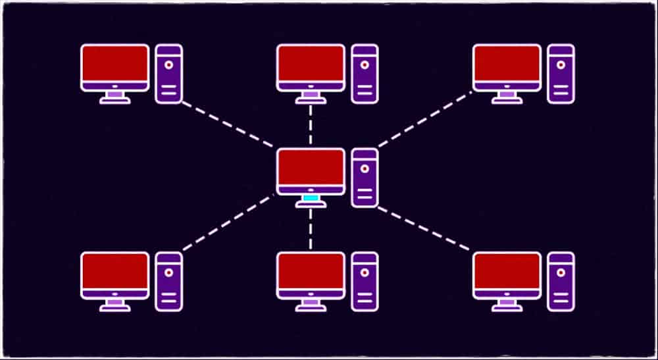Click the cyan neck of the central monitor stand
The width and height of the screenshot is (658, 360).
[311, 198]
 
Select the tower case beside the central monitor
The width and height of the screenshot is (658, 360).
[365, 178]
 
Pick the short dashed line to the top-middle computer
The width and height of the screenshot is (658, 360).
[311, 124]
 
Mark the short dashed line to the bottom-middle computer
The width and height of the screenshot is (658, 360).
[311, 229]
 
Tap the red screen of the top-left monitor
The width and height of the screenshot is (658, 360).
[114, 63]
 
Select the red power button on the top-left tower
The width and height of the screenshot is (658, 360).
[169, 65]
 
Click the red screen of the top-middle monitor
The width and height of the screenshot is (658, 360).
[311, 63]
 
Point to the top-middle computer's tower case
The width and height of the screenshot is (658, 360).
[365, 74]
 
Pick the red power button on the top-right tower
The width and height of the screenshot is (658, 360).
[561, 65]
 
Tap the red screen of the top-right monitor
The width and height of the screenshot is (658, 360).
[507, 63]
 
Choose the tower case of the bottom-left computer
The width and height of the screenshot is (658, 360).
[168, 282]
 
